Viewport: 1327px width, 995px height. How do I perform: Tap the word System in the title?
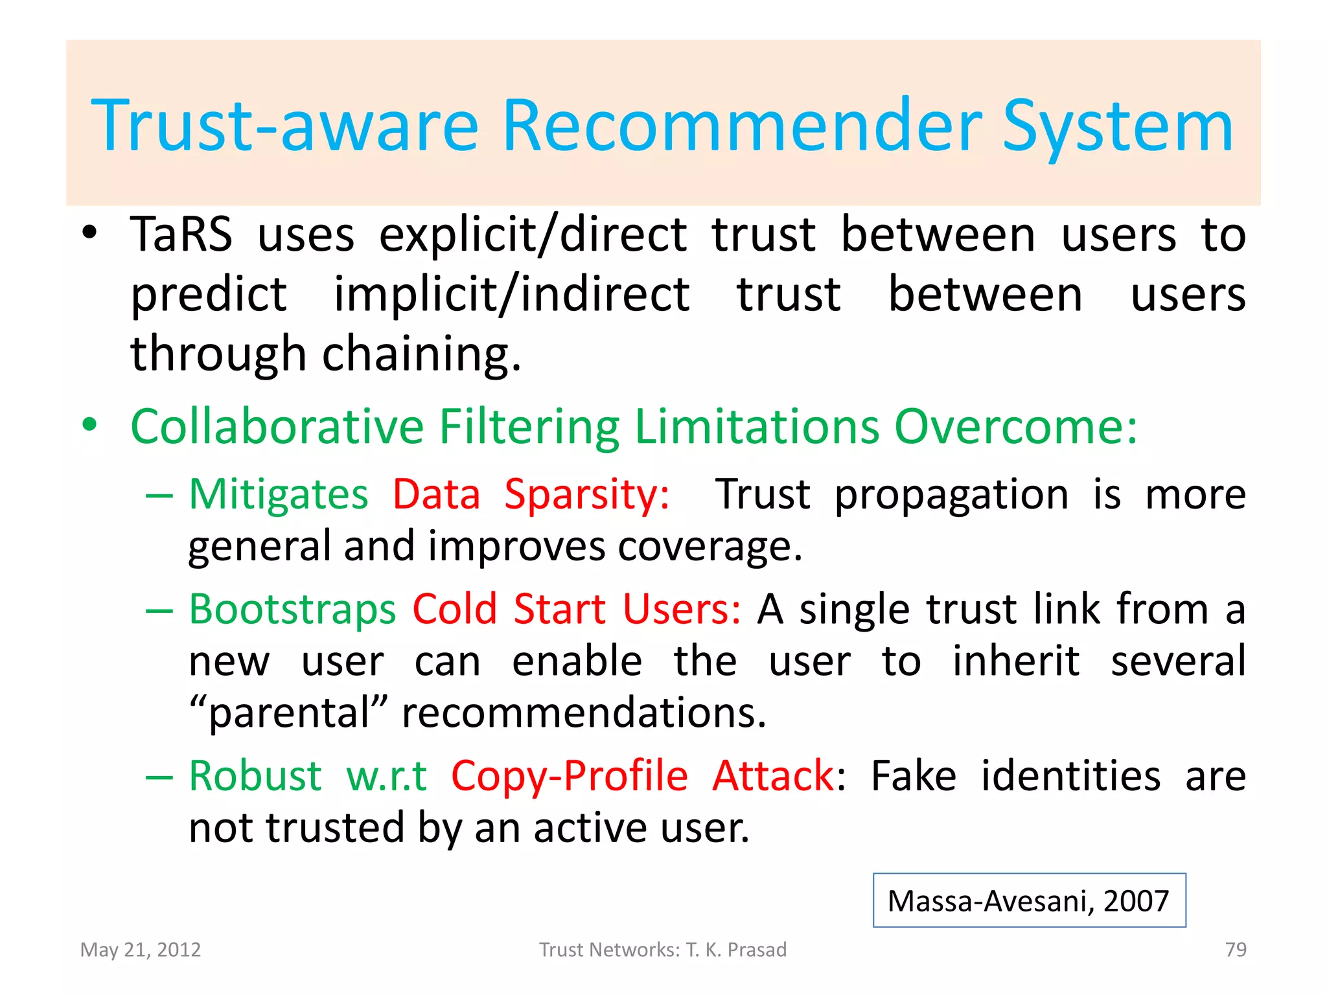[1118, 128]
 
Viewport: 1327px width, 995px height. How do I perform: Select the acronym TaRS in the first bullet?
[181, 234]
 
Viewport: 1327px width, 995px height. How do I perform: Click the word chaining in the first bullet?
[421, 354]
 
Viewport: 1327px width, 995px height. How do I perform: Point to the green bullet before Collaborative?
[89, 426]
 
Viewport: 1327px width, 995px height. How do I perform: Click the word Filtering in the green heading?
[529, 427]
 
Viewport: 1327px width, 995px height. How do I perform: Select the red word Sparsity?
[586, 496]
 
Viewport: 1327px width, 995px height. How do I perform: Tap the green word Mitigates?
[278, 495]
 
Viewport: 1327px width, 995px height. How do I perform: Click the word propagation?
[951, 496]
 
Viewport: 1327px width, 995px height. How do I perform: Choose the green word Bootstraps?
[292, 610]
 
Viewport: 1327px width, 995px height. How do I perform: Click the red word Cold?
[454, 610]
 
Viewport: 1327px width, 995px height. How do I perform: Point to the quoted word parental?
[289, 713]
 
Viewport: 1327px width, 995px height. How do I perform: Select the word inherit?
[1015, 661]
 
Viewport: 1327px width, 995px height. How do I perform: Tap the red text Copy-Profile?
[569, 777]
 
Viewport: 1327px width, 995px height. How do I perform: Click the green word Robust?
[255, 776]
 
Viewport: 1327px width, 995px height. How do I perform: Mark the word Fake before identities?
[913, 776]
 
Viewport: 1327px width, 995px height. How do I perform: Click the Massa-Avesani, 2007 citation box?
[1028, 901]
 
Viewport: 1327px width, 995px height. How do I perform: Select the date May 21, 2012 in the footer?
[141, 950]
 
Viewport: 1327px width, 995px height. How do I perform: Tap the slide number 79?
[1235, 950]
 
